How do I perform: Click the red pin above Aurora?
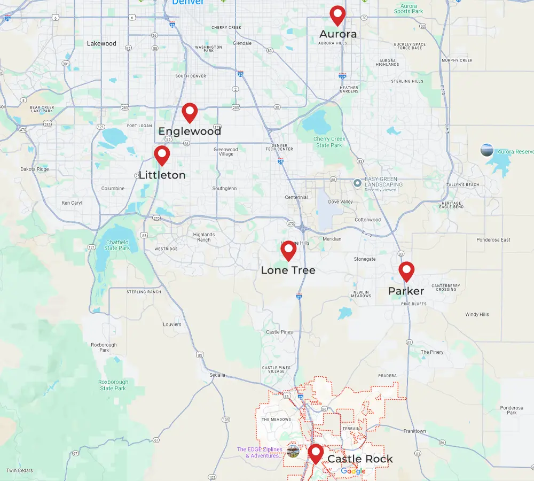coord(337,14)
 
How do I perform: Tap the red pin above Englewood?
coord(190,112)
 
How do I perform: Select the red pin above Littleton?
coord(162,154)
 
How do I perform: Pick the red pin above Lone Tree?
coord(288,250)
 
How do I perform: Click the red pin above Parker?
coord(406,270)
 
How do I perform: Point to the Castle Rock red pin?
coord(316,453)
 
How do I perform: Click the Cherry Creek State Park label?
coord(329,142)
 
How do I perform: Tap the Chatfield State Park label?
coord(117,245)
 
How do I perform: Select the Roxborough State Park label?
coord(113,385)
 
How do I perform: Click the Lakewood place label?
coord(101,44)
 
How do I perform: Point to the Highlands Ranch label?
coord(204,237)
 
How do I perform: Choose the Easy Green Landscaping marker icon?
coord(358,183)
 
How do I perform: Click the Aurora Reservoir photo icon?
coord(487,150)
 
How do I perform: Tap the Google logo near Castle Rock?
coord(353,471)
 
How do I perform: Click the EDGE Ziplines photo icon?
coord(293,451)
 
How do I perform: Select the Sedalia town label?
coord(217,375)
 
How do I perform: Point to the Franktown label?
coord(415,431)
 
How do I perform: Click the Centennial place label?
coord(296,197)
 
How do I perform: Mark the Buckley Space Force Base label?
coord(410,46)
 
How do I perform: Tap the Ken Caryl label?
coord(72,203)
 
